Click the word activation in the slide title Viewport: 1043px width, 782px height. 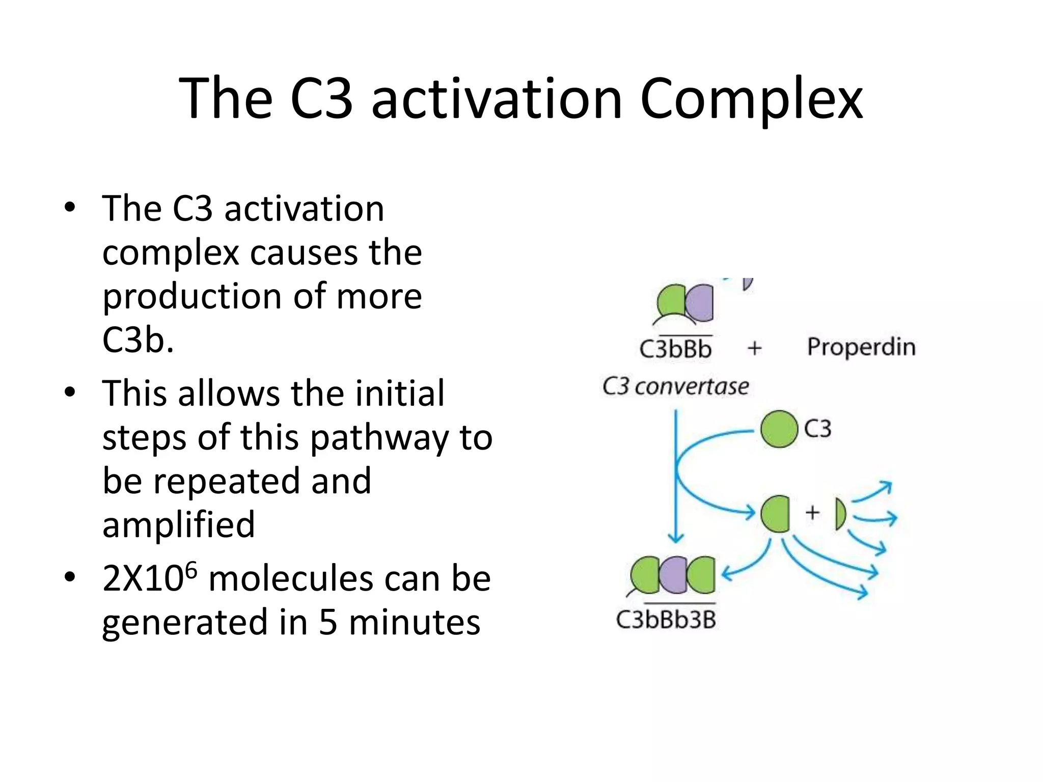pyautogui.click(x=497, y=99)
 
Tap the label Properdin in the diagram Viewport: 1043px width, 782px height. pyautogui.click(x=861, y=347)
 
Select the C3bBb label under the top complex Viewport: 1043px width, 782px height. pyautogui.click(x=675, y=349)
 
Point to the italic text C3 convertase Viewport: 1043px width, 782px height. pyautogui.click(x=675, y=387)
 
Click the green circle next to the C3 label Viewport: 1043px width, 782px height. pyautogui.click(x=779, y=429)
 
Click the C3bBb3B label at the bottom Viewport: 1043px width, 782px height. pyautogui.click(x=666, y=620)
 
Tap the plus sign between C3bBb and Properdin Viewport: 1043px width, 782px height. pyautogui.click(x=754, y=348)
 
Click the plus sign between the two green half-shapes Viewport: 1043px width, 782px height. pyautogui.click(x=812, y=512)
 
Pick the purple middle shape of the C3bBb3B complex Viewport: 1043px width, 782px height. pyautogui.click(x=673, y=575)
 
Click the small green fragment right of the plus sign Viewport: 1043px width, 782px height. pyautogui.click(x=840, y=514)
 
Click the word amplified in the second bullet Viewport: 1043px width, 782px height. pyautogui.click(x=178, y=525)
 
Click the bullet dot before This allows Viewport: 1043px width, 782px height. pyautogui.click(x=70, y=393)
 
